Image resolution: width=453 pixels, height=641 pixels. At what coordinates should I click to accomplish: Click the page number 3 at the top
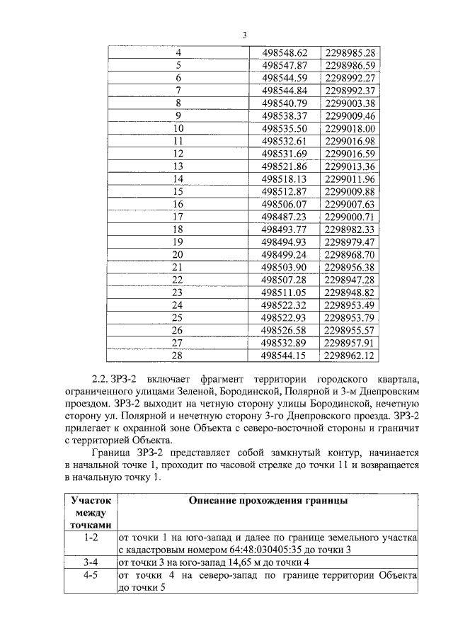click(244, 35)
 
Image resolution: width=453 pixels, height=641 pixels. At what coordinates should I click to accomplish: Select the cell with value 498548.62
click(285, 52)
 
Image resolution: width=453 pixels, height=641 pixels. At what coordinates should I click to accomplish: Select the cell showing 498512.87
click(285, 191)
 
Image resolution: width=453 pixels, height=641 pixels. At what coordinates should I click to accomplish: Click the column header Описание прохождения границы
click(267, 501)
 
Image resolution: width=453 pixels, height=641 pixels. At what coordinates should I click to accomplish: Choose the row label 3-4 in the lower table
click(89, 562)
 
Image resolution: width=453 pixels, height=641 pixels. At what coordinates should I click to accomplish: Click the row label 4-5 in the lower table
click(89, 575)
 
